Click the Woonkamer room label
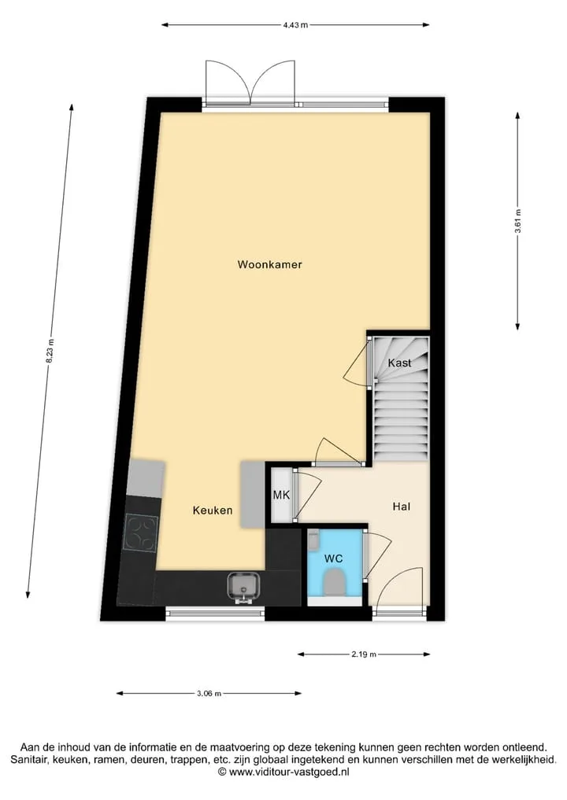tap(269, 264)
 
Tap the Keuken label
tap(213, 510)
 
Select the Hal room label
tap(402, 507)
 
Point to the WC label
tap(334, 559)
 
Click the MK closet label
tap(281, 494)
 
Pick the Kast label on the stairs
tap(399, 363)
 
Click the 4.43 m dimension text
tap(296, 24)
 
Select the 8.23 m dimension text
tap(50, 351)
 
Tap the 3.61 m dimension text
tap(518, 221)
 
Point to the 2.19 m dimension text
tap(364, 654)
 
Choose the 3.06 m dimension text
tap(209, 693)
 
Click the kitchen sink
tap(244, 587)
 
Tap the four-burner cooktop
tap(141, 533)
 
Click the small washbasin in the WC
tap(313, 540)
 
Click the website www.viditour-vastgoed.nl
tap(289, 772)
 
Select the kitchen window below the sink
tap(215, 613)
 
